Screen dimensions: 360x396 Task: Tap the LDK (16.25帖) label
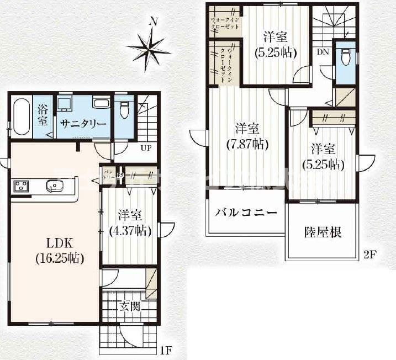60,250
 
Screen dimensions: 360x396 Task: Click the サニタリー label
82,124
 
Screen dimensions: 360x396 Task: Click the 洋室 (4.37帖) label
129,223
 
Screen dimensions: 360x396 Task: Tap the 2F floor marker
369,255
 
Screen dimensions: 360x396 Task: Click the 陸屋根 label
323,231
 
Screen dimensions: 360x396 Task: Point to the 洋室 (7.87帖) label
246,136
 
